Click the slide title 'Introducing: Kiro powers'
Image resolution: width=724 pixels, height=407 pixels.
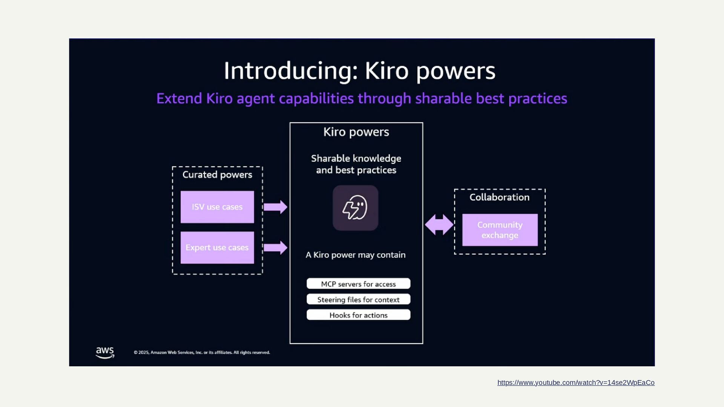click(x=359, y=71)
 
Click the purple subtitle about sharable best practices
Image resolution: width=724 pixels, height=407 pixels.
click(x=362, y=99)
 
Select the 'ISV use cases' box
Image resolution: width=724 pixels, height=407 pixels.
click(x=217, y=207)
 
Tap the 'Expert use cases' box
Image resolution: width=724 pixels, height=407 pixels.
click(x=217, y=248)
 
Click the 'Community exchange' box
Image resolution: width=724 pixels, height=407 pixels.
click(x=500, y=230)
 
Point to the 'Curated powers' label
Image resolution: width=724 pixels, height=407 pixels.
click(x=217, y=175)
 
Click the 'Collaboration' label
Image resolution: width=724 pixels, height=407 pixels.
click(x=499, y=197)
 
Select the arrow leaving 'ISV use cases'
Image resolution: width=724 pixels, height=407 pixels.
click(x=275, y=207)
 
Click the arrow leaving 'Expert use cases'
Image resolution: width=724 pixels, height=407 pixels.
click(x=275, y=248)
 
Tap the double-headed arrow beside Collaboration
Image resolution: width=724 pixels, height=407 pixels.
click(x=439, y=225)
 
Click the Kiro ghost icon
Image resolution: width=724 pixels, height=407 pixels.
click(x=355, y=208)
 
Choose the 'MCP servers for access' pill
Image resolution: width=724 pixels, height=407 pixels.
click(x=358, y=284)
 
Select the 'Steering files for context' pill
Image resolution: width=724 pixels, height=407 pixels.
click(x=358, y=300)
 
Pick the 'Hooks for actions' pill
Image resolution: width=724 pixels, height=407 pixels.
click(x=358, y=315)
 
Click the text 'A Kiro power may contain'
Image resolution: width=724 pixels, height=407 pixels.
click(x=356, y=255)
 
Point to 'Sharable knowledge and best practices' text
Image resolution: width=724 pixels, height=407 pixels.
click(x=356, y=164)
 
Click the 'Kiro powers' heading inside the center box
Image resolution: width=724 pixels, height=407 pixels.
click(x=356, y=132)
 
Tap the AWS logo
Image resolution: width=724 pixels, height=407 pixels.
click(x=105, y=353)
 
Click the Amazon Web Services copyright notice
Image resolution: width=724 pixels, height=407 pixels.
click(x=202, y=353)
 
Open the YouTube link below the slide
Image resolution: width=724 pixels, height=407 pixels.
click(x=576, y=383)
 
